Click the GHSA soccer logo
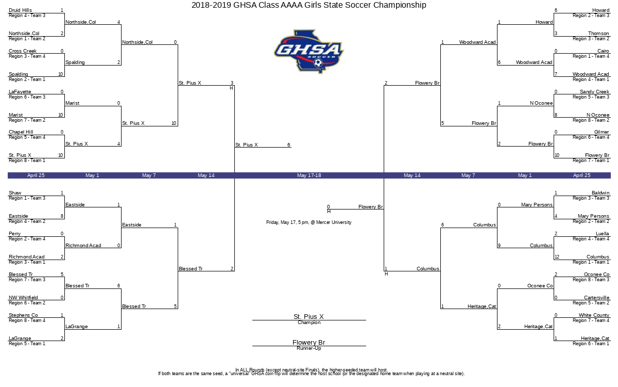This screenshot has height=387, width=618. (308, 52)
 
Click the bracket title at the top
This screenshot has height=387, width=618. (308, 5)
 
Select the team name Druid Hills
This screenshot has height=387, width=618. (20, 10)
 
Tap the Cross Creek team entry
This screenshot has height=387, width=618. (23, 51)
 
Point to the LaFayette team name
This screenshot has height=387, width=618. (20, 91)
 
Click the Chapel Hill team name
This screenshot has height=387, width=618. (21, 132)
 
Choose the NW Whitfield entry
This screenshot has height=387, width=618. (23, 297)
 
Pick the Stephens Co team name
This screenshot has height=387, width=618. (23, 315)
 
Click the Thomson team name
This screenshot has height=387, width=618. (598, 34)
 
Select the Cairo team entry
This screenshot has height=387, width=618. (603, 51)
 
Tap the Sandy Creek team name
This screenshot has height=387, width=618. (594, 91)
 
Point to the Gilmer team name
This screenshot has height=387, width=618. (602, 132)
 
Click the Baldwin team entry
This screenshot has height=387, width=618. (600, 192)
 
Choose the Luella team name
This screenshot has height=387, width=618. (602, 233)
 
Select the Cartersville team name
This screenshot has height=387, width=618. (596, 297)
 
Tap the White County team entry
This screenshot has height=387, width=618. (594, 315)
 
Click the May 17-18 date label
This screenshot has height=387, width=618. (309, 175)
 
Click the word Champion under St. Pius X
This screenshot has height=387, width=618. (309, 322)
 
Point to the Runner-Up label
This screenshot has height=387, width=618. (309, 348)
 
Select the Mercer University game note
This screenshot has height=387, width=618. (308, 222)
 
